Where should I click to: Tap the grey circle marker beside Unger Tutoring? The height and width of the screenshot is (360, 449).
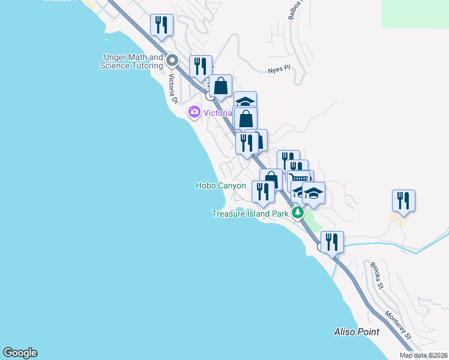(x=173, y=60)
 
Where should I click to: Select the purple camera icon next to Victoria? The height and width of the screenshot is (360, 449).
(x=194, y=112)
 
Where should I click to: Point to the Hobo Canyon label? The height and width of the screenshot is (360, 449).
(x=220, y=185)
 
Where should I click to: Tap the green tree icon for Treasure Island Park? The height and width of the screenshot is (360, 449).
(x=297, y=213)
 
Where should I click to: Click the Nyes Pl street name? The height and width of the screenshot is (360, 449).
(x=279, y=70)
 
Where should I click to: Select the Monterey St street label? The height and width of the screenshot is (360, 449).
(x=398, y=325)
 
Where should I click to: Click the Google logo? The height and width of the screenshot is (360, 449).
(x=20, y=353)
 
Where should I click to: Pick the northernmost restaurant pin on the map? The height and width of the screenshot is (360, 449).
(x=161, y=25)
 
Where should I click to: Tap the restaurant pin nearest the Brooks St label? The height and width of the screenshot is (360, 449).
(x=332, y=241)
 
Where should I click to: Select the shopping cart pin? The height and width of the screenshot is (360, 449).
(x=300, y=178)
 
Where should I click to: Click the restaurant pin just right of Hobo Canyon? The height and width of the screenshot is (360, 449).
(x=263, y=191)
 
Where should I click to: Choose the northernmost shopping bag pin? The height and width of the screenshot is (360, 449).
(x=220, y=86)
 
